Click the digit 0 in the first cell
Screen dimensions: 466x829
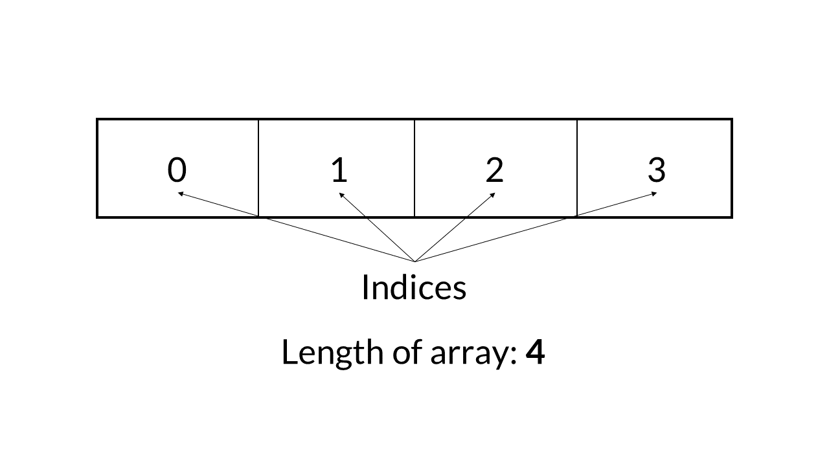coord(177,170)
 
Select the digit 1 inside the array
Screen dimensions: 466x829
coord(339,170)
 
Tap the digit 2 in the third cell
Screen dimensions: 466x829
coord(494,170)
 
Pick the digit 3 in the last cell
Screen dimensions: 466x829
coord(656,170)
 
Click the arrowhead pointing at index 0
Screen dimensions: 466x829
coord(181,193)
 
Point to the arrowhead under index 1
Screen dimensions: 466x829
coord(341,194)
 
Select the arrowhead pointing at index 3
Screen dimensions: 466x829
coord(653,193)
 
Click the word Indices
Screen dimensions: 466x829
coord(413,287)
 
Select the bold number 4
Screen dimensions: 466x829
coord(535,353)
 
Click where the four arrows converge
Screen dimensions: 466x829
coord(414,261)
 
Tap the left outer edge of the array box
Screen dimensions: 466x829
coord(97,168)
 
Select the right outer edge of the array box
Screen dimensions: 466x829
coord(732,168)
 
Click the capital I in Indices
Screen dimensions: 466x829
coord(365,287)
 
